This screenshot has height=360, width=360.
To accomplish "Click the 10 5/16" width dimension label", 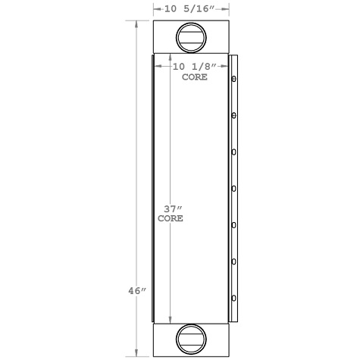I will click(192, 8).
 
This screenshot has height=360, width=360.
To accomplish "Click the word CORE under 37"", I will click(170, 218).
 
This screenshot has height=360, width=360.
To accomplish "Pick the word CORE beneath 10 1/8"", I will click(196, 77).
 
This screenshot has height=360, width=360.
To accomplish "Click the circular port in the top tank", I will click(190, 37).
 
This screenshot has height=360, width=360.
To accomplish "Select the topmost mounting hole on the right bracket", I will click(233, 78).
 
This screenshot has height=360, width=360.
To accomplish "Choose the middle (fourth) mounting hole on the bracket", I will click(233, 188).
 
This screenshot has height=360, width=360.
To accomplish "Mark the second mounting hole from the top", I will click(233, 115).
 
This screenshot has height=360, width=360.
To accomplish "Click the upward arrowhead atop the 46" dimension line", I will click(136, 24).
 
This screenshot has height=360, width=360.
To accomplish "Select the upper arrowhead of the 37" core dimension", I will click(170, 58).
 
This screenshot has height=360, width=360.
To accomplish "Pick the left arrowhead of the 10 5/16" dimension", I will click(155, 8).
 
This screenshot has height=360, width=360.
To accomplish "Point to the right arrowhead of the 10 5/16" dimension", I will click(227, 8).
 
